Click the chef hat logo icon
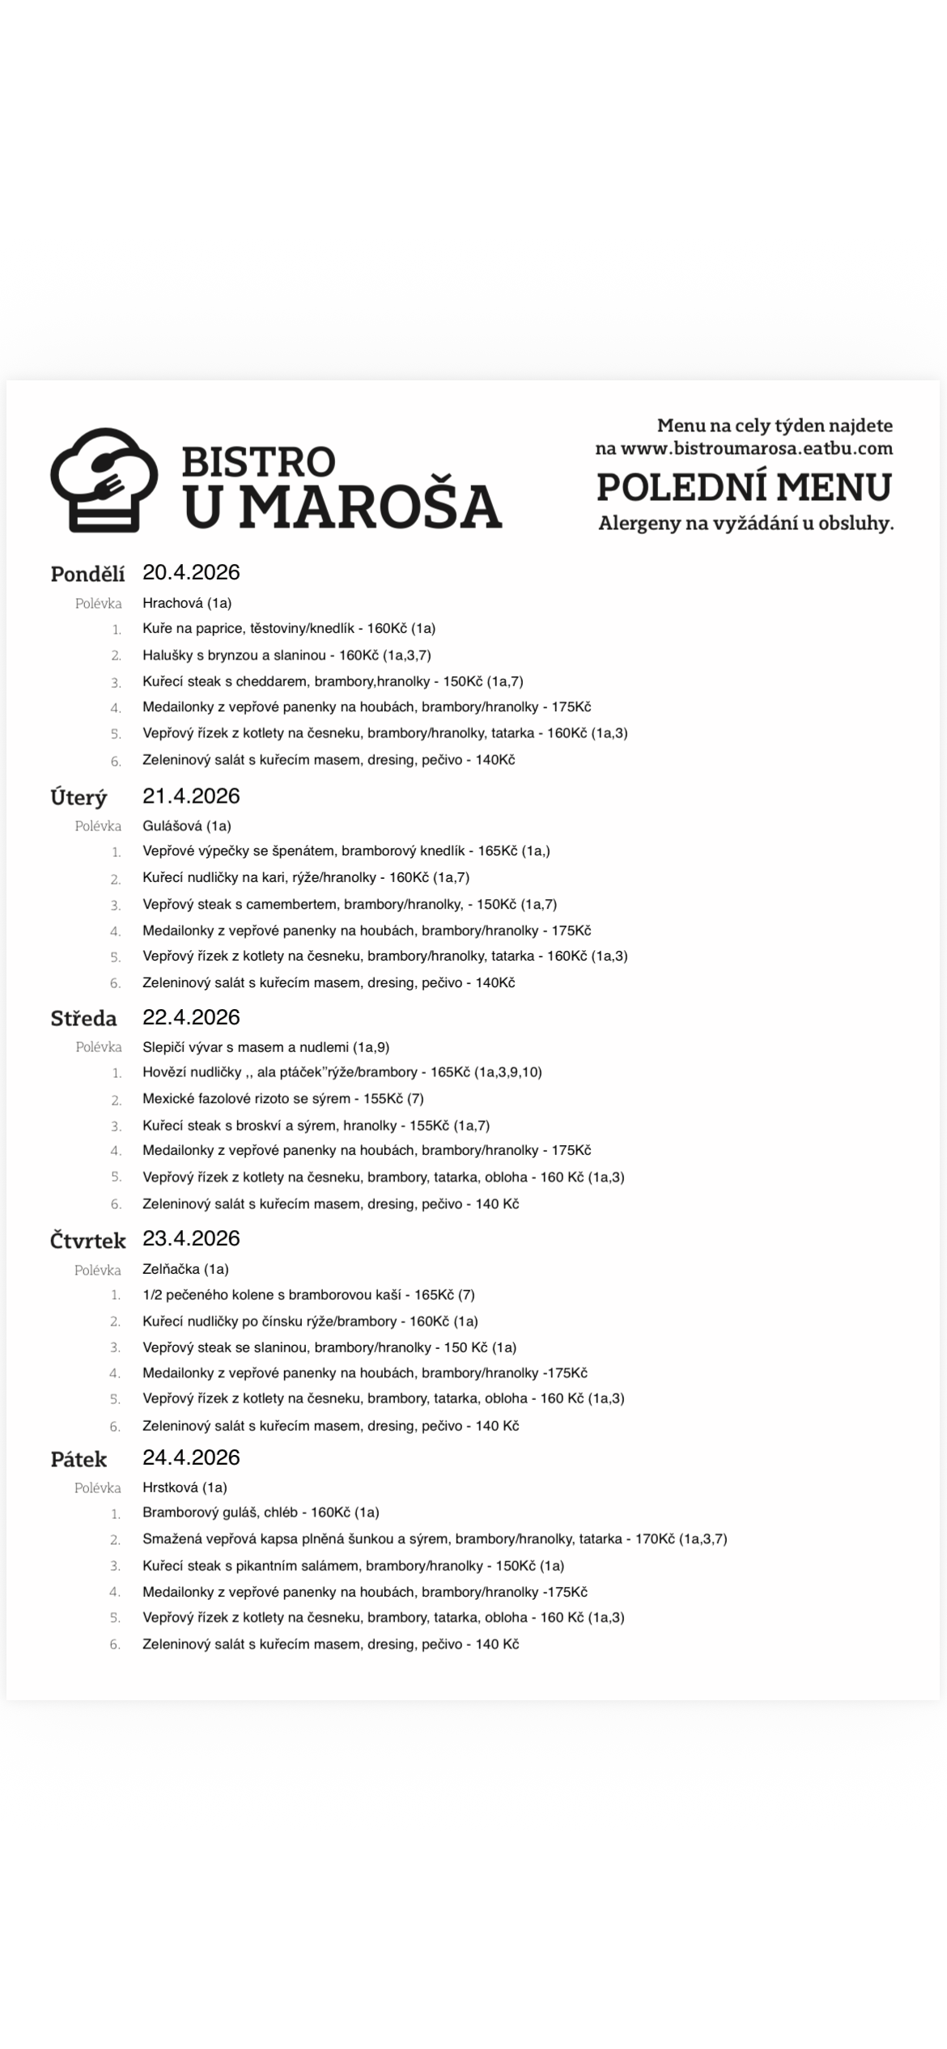104,479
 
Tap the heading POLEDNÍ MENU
744,487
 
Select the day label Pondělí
87,574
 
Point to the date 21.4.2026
191,795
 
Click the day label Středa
83,1018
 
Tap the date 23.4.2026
191,1238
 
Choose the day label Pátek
79,1459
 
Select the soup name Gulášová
172,825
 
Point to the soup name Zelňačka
171,1269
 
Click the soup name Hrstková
170,1487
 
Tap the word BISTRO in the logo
258,460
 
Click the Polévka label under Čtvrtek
98,1270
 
